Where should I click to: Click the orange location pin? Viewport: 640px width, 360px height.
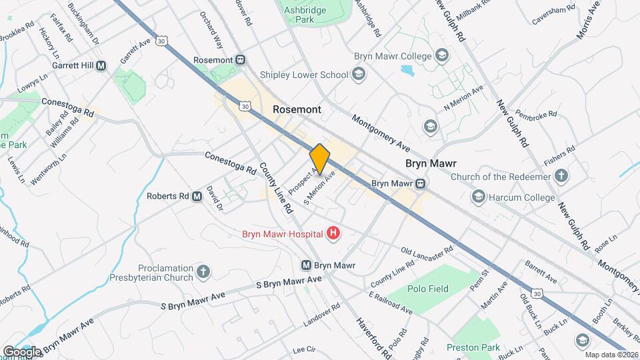[320, 159]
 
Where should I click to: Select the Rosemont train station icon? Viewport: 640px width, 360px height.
[239, 60]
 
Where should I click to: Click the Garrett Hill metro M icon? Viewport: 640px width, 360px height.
[101, 66]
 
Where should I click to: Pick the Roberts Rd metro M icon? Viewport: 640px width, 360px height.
[197, 197]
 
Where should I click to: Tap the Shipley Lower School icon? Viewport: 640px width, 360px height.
[359, 74]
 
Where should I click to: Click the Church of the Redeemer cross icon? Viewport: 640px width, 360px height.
[562, 177]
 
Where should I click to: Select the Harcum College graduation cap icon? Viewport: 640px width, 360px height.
[477, 197]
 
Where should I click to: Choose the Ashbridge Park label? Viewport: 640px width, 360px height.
[307, 15]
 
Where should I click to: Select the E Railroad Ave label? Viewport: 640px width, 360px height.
[390, 301]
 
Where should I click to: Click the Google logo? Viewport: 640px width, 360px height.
[22, 351]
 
